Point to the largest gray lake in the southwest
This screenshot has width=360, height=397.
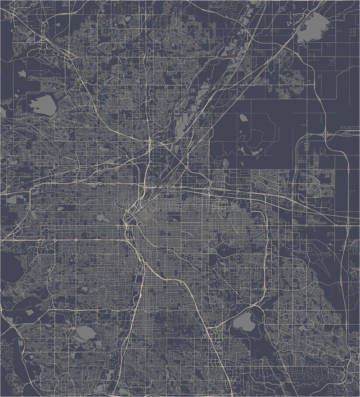(83, 333)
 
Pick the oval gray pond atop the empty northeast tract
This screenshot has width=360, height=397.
(243, 118)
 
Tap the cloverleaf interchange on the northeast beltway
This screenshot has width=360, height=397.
(325, 134)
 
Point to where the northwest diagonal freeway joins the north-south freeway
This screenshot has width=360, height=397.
(148, 145)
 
